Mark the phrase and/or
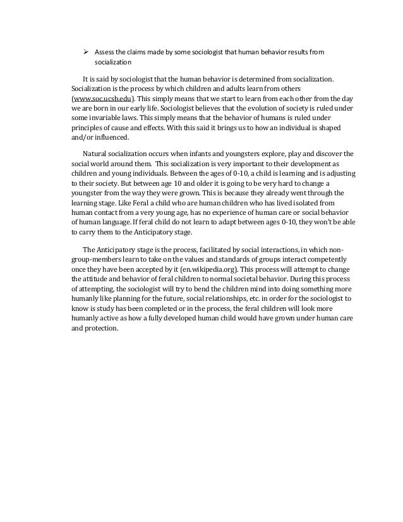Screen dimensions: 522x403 [x=82, y=137]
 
